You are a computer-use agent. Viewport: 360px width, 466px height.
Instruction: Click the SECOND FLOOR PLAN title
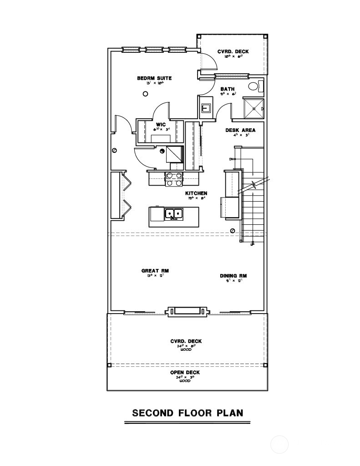click(188, 413)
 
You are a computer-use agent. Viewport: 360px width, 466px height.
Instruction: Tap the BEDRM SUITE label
click(154, 78)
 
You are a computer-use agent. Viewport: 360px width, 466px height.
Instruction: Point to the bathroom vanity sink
click(206, 108)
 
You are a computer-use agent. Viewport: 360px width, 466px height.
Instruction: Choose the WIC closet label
click(161, 124)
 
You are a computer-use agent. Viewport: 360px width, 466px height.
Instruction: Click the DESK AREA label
click(240, 130)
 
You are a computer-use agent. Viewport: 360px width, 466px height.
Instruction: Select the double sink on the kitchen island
click(173, 213)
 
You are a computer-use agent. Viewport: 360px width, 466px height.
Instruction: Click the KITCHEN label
click(196, 193)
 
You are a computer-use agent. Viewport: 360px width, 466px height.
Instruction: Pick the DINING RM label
click(233, 276)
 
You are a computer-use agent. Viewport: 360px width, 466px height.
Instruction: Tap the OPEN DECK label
click(185, 373)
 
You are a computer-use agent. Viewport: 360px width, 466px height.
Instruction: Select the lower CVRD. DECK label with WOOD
click(186, 341)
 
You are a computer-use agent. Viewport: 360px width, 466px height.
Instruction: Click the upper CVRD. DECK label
click(233, 51)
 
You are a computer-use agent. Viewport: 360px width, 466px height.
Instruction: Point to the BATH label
click(228, 89)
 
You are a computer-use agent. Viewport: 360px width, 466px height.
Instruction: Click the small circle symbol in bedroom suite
click(145, 94)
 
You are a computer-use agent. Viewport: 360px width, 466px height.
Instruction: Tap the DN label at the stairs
click(232, 159)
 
